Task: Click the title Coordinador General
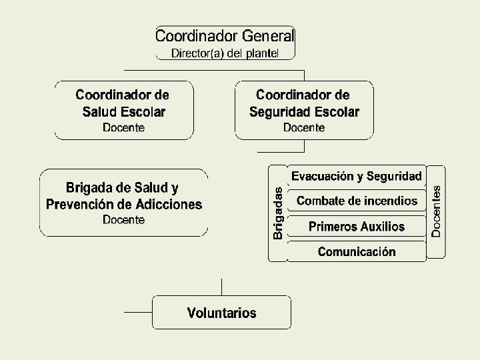point(225,35)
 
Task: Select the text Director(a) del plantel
point(225,53)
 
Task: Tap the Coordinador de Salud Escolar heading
point(123,103)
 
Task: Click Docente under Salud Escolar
point(123,127)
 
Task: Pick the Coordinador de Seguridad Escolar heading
point(303,103)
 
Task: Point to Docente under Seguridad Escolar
point(304,127)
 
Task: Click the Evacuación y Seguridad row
point(357,176)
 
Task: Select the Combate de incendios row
point(357,201)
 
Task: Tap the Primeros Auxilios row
point(357,227)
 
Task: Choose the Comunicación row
point(357,252)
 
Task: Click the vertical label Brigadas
point(278,213)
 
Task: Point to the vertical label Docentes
point(436,211)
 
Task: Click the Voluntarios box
point(221,313)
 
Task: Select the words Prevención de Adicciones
point(124,205)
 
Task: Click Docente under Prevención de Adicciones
point(123,220)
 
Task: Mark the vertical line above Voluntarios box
point(221,287)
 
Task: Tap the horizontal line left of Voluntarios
point(138,312)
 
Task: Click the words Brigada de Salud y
point(122,188)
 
